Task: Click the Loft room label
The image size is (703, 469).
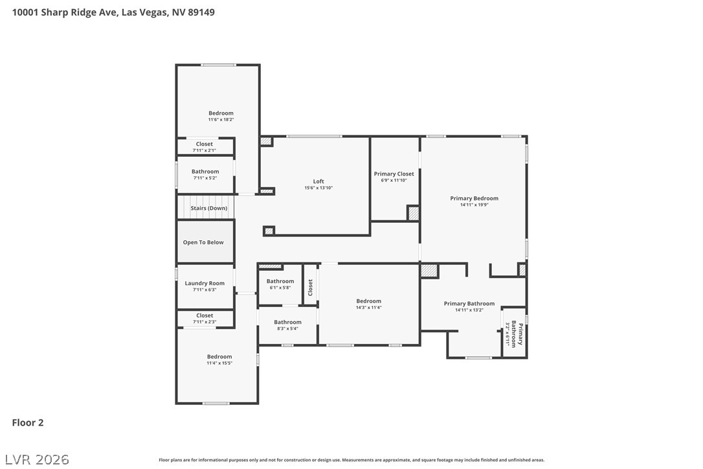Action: [x=318, y=181]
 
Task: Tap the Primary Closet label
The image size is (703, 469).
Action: [x=394, y=174]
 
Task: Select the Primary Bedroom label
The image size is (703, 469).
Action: [x=474, y=198]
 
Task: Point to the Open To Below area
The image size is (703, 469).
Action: [x=203, y=242]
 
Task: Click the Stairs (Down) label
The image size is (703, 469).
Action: [x=208, y=208]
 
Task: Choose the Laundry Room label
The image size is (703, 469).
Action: [x=205, y=283]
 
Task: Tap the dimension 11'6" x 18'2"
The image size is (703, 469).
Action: [x=221, y=120]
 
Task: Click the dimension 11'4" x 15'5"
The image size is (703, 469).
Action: [x=219, y=363]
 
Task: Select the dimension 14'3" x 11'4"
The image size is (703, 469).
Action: [x=368, y=308]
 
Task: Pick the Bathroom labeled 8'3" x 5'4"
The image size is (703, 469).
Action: [x=287, y=322]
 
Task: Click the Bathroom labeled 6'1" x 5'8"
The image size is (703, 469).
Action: [x=280, y=281]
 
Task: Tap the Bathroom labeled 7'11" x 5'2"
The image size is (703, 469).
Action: [x=205, y=172]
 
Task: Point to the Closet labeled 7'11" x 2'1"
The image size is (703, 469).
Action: [x=204, y=144]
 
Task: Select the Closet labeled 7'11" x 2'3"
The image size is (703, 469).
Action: [x=205, y=315]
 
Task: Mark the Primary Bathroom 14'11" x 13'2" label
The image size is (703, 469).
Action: [x=469, y=303]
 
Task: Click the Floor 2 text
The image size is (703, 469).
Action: [x=28, y=422]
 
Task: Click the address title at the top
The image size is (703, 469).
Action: [x=113, y=12]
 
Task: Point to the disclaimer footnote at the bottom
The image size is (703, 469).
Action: [x=351, y=460]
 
